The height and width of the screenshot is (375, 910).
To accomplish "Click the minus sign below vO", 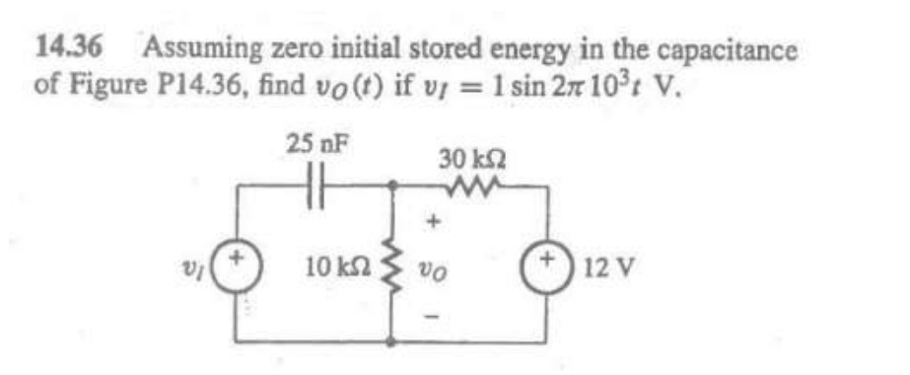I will (430, 306).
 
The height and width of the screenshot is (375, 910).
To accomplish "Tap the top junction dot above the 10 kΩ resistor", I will (392, 185).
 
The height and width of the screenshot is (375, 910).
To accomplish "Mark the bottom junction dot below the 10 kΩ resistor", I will (392, 341).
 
